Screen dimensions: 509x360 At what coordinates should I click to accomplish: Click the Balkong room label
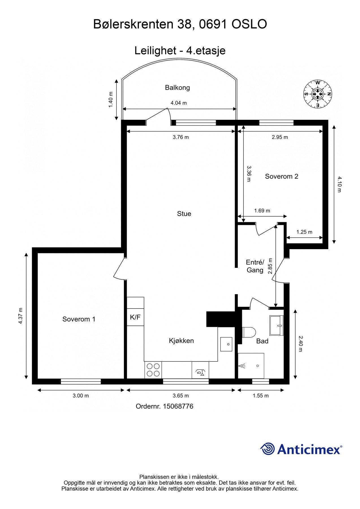point(177,88)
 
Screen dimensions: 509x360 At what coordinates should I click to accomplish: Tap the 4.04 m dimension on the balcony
point(178,103)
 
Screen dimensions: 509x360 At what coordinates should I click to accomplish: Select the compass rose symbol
point(317,94)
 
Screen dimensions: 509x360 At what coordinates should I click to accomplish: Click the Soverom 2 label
point(281,176)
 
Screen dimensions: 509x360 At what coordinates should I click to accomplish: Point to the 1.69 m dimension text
point(262,211)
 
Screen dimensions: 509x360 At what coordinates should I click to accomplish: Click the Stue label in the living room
point(184,214)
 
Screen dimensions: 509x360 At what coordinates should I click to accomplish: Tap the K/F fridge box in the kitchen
point(135,317)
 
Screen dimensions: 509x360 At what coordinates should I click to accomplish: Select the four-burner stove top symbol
point(153,370)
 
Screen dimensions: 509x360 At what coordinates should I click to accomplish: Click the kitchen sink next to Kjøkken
point(226,344)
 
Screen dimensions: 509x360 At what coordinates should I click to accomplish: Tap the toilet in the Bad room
point(249,332)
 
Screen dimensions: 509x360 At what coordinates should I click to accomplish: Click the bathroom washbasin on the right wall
point(276,325)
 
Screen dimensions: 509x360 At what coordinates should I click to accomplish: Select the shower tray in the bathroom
point(251,366)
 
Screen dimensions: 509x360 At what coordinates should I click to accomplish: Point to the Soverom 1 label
point(79,319)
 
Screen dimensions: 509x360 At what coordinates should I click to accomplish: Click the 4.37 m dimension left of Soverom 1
point(20,316)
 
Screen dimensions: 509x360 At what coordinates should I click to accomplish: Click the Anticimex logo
point(301,449)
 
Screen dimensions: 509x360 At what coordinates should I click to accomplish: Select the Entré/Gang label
point(255,266)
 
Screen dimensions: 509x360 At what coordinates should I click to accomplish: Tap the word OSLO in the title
point(249,24)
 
